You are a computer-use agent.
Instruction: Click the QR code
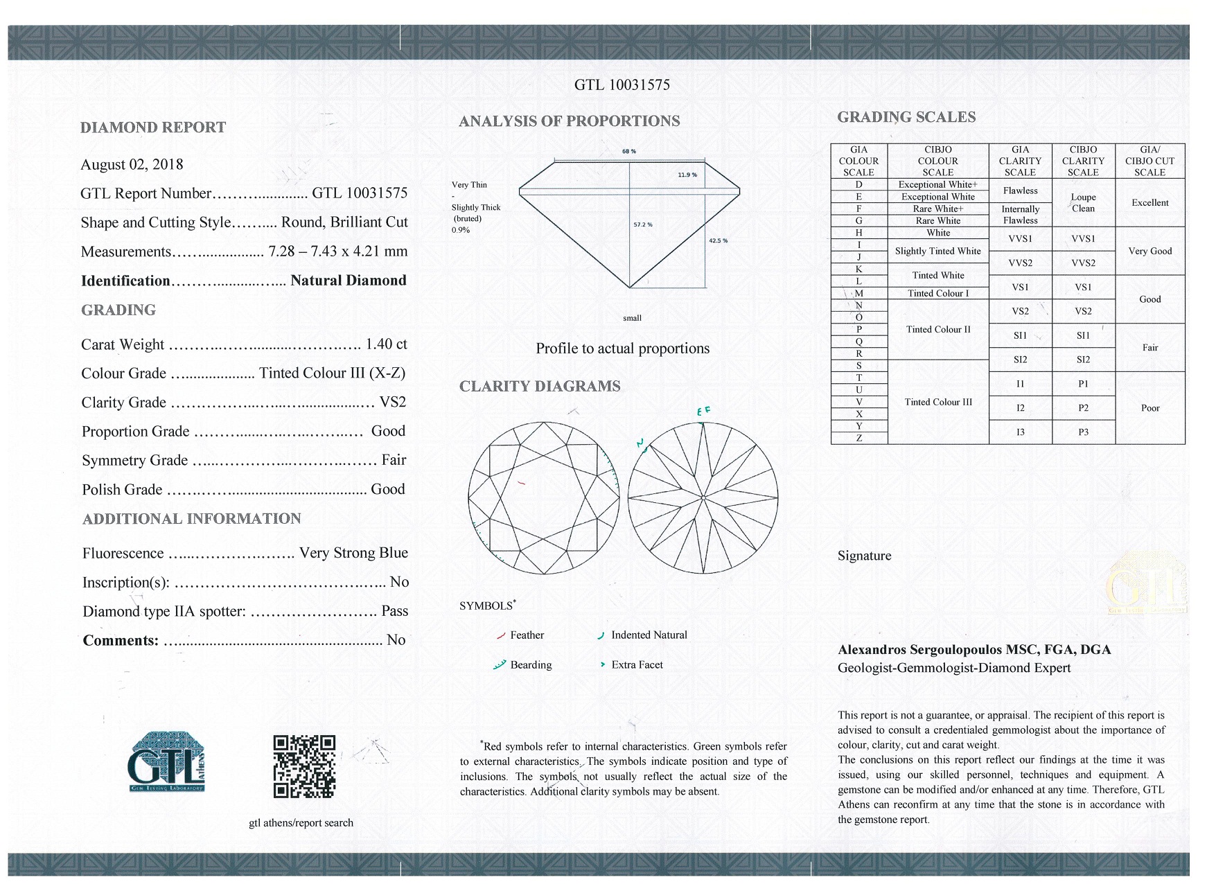304,766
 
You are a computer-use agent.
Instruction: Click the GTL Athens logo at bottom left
166,762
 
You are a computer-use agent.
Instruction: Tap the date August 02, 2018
132,165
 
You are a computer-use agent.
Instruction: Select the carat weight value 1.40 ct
386,344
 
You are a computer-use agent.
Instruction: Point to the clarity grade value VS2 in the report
393,403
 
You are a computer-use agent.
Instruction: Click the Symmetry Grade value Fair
394,461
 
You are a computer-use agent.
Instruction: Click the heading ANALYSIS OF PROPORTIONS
569,121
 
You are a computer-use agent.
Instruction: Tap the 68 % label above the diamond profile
629,151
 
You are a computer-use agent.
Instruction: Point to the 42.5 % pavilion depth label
718,240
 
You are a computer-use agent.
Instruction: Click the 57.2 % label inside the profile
643,224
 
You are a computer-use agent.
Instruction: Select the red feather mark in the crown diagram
521,483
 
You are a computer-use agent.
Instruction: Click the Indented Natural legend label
649,635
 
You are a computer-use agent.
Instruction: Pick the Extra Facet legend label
637,665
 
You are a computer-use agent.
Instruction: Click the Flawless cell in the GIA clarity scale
1020,191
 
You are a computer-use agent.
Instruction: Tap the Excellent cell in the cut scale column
1149,203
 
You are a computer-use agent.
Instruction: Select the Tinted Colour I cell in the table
937,294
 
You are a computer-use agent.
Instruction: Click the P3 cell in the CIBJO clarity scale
1083,432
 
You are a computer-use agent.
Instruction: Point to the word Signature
864,556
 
